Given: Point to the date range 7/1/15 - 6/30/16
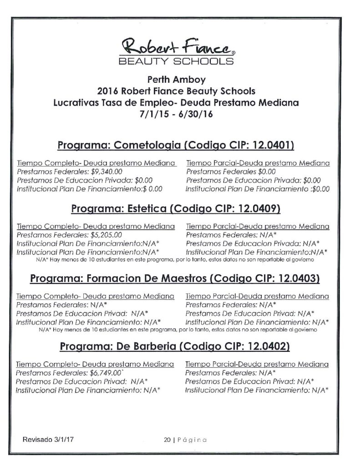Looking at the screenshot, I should pos(176,114).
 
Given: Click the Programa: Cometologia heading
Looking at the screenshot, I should pos(120,146).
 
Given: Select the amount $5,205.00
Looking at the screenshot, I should pos(105,235).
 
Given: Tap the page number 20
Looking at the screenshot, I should pos(167,440).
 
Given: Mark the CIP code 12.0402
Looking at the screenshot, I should pos(269,347).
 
